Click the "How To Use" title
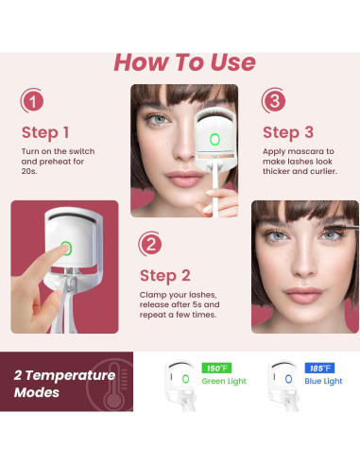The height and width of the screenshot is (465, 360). pos(184,62)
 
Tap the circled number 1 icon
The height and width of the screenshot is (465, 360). pos(32,101)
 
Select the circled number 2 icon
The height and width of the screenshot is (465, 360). pos(150,244)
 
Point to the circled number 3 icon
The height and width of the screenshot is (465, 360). pos(274,101)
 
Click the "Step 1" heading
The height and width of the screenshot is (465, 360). pos(45,132)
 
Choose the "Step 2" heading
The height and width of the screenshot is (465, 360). pos(165,276)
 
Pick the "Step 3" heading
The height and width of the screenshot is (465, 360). pos(288,132)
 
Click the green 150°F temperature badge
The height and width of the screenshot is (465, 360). pos(216,368)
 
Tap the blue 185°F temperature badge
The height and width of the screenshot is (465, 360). pos(319,368)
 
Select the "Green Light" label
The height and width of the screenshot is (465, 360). pos(224,381)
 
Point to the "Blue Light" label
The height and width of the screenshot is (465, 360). pos(323,381)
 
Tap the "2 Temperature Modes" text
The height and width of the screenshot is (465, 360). pos(64,384)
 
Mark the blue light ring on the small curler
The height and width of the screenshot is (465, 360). pos(288,379)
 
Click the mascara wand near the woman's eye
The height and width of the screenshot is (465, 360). pos(342,228)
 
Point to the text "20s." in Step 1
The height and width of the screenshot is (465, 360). pos(29,171)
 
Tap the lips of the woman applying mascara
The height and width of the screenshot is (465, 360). pos(303,295)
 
